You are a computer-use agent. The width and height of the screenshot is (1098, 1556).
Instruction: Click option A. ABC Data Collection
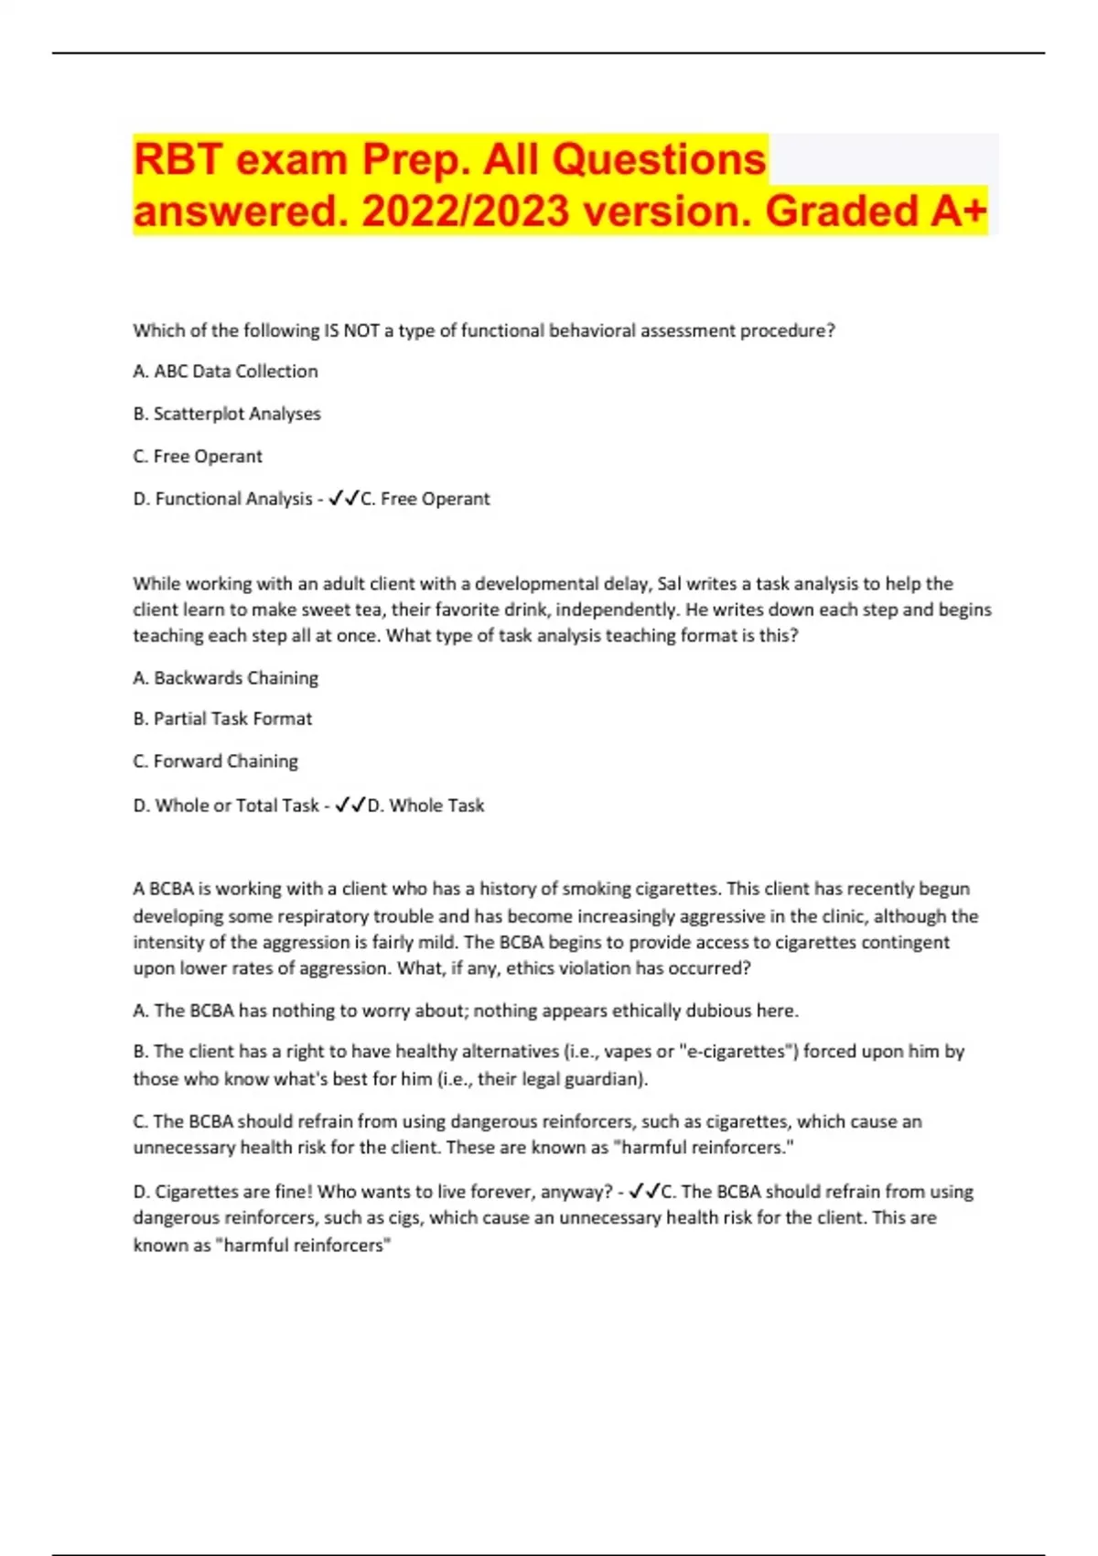pyautogui.click(x=225, y=372)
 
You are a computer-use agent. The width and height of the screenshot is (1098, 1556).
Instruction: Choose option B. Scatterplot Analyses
pyautogui.click(x=227, y=414)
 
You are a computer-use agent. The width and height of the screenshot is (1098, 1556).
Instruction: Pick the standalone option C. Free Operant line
pyautogui.click(x=198, y=457)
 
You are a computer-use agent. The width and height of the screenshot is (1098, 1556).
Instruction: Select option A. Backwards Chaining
pyautogui.click(x=225, y=678)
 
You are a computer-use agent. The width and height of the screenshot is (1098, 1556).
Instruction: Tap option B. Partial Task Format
pyautogui.click(x=222, y=719)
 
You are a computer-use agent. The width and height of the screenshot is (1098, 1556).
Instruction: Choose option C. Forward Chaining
pyautogui.click(x=215, y=762)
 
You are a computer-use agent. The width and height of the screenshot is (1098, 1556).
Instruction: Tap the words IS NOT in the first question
pyautogui.click(x=352, y=331)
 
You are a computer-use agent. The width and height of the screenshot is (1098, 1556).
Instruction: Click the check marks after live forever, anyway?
pyautogui.click(x=644, y=1192)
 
